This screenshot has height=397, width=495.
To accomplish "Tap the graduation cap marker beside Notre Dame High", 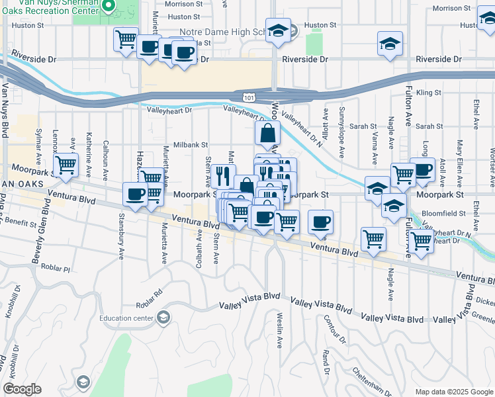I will [279, 30].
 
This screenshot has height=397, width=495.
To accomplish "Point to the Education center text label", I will [126, 318].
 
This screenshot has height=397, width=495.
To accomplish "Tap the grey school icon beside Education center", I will [163, 318].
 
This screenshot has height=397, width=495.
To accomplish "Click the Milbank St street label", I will [191, 144].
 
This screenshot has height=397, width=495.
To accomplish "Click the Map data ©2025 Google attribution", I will [454, 392].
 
